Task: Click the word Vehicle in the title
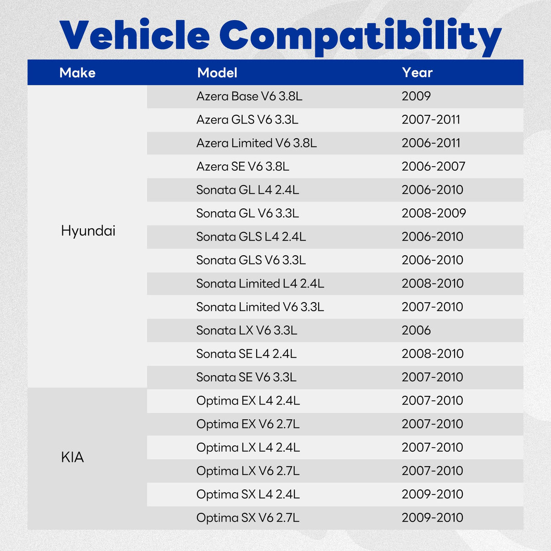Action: click(135, 34)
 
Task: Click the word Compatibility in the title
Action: click(360, 37)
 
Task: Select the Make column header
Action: click(77, 73)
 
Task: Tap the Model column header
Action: click(217, 73)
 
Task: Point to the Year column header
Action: click(417, 73)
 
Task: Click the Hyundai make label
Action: click(88, 231)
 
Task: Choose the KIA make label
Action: click(73, 457)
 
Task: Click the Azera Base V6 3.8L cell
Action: click(249, 96)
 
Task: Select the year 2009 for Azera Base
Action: click(416, 96)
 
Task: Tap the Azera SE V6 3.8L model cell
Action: click(243, 166)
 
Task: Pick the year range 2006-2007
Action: click(433, 166)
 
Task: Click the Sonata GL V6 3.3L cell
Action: click(247, 214)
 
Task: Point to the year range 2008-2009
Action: click(434, 214)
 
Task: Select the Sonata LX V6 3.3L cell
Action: click(247, 331)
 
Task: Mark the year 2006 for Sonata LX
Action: click(416, 331)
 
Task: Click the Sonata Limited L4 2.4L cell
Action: click(260, 284)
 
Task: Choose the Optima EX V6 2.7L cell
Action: click(248, 424)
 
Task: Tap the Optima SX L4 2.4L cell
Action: click(248, 495)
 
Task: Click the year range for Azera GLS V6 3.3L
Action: click(431, 119)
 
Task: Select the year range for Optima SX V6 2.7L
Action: click(433, 517)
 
